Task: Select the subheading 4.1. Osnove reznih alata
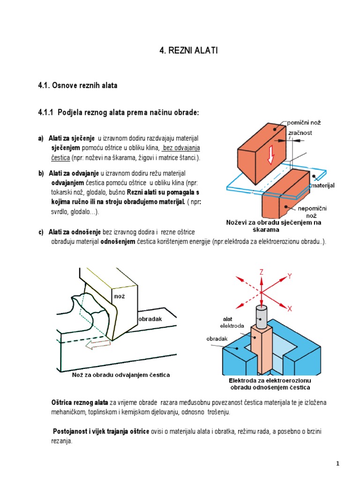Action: [77, 85]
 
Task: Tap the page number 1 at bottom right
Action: [337, 464]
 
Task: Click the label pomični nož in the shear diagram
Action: [303, 122]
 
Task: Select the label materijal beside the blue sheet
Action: [324, 186]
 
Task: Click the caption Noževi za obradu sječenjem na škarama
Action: [274, 226]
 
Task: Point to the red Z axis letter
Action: [261, 271]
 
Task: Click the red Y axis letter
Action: [289, 277]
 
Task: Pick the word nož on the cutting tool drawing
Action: [119, 296]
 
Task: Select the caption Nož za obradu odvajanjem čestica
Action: [121, 375]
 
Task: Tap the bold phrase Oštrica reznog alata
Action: [79, 403]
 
